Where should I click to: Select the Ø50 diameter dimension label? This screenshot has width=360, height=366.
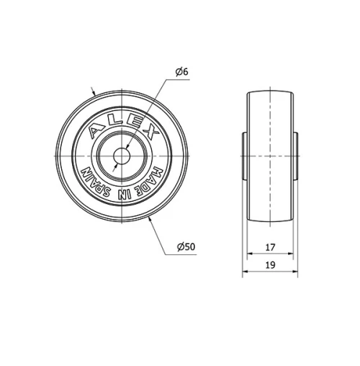(186, 247)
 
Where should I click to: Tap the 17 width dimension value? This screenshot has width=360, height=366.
(270, 247)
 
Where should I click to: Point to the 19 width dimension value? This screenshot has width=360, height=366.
(270, 265)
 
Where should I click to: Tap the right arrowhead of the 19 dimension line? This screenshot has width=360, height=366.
(295, 272)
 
